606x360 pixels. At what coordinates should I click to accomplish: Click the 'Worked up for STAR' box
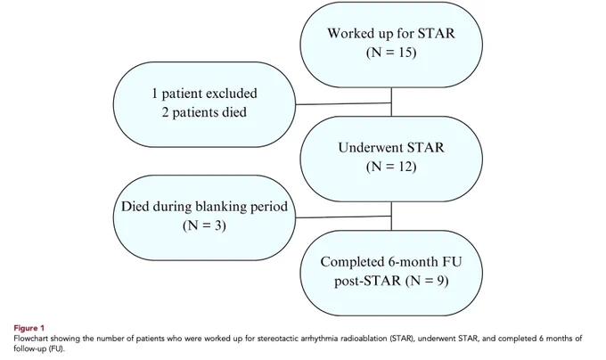391,45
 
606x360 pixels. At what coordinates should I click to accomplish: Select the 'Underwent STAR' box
391,159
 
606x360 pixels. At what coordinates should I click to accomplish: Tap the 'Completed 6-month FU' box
391,273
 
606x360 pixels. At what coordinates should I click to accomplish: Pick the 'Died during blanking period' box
204,217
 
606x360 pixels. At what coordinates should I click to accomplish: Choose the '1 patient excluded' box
204,104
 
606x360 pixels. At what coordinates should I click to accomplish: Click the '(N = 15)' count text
391,53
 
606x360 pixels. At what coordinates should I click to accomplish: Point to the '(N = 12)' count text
391,167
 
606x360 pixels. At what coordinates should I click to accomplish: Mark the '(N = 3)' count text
204,225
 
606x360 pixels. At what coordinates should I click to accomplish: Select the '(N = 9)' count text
427,281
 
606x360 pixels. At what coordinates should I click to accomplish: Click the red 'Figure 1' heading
29,328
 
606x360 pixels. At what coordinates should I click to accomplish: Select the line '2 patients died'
204,112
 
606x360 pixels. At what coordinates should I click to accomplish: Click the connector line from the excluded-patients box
344,103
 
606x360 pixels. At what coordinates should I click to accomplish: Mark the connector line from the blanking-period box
344,217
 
